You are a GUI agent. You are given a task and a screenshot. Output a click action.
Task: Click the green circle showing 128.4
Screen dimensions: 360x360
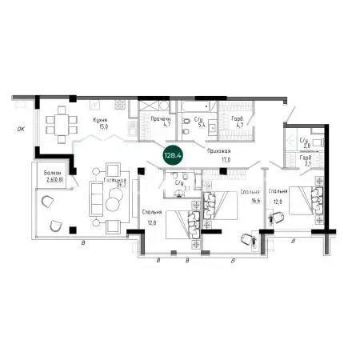click(172, 153)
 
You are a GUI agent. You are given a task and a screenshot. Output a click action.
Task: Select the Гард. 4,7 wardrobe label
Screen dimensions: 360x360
click(238, 118)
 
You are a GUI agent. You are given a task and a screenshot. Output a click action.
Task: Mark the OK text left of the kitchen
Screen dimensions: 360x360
click(21, 126)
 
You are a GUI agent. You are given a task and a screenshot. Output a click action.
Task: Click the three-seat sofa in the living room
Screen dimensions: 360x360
click(96, 193)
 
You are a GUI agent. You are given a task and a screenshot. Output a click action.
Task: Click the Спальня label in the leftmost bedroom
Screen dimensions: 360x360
click(152, 212)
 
